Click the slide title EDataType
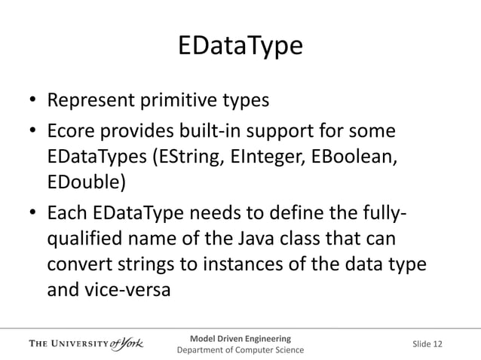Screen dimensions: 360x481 (240, 47)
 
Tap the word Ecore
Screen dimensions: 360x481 (72, 133)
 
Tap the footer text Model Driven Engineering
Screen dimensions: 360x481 (240, 336)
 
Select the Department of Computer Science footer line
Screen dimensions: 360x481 (240, 350)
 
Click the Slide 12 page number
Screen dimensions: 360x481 (427, 344)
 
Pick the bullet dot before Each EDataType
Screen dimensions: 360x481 (33, 215)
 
